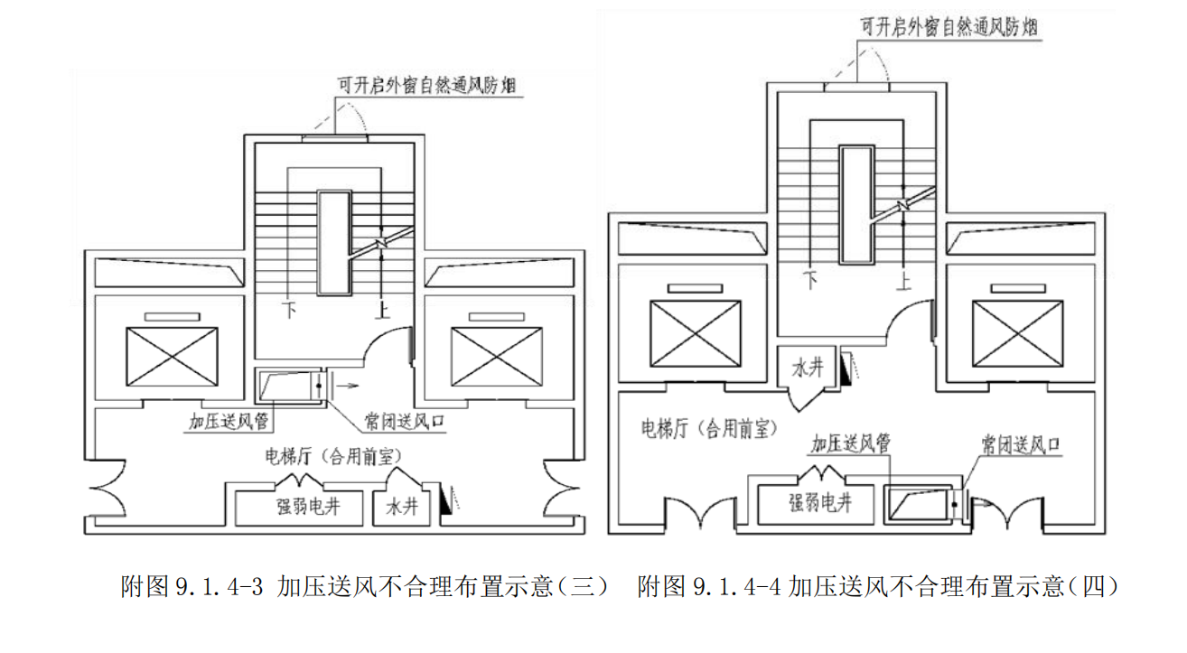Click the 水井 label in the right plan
pyautogui.click(x=806, y=368)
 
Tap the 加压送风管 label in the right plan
pyautogui.click(x=851, y=443)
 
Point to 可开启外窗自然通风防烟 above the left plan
pyautogui.click(x=432, y=86)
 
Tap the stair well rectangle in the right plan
pyautogui.click(x=854, y=204)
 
